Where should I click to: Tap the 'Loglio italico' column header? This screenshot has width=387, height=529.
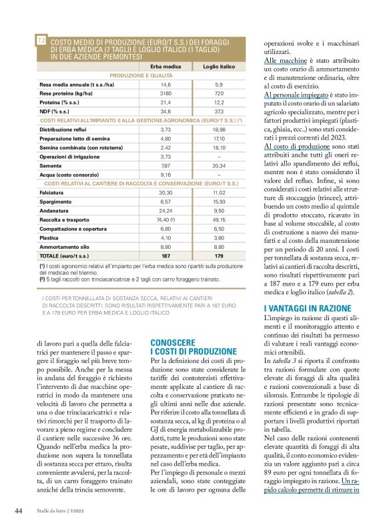pos(218,67)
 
